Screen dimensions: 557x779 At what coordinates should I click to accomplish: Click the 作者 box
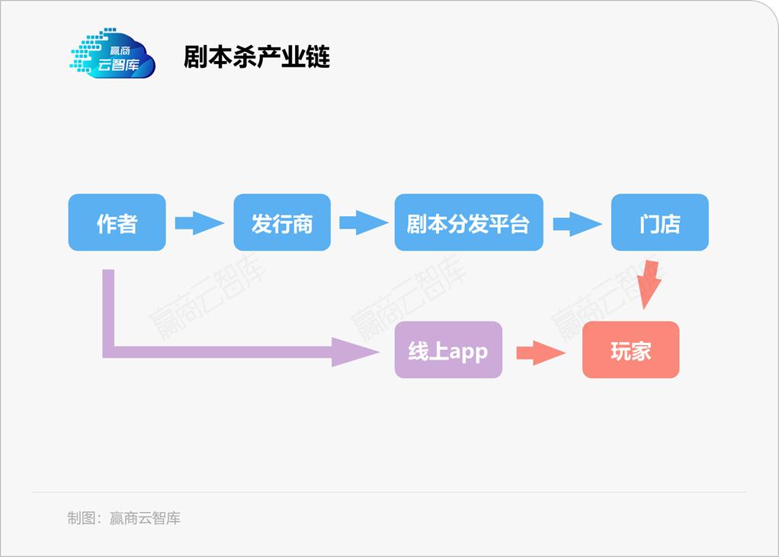coord(117,222)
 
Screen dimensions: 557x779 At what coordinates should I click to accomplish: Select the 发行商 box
coord(282,222)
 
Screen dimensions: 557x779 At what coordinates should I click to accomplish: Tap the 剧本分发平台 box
coord(468,222)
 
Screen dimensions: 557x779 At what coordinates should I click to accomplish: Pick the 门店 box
coord(659,222)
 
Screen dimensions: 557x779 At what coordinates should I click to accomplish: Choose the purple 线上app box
coord(448,350)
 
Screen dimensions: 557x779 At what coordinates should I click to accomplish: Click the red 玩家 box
coord(630,350)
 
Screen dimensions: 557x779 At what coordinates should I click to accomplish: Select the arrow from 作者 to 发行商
coord(199,223)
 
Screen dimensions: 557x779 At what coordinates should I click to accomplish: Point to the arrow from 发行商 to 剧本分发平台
coord(363,223)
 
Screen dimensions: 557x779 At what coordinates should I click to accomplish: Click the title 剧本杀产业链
coord(257,57)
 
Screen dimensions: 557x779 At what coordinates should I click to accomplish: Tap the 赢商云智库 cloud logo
coord(113,54)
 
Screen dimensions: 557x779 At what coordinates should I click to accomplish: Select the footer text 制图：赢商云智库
coord(123,518)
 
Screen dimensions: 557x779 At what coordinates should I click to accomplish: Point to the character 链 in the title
coord(318,57)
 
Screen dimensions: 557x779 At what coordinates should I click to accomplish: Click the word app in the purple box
coord(468,352)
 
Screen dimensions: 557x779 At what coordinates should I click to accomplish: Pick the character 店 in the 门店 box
coord(670,223)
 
